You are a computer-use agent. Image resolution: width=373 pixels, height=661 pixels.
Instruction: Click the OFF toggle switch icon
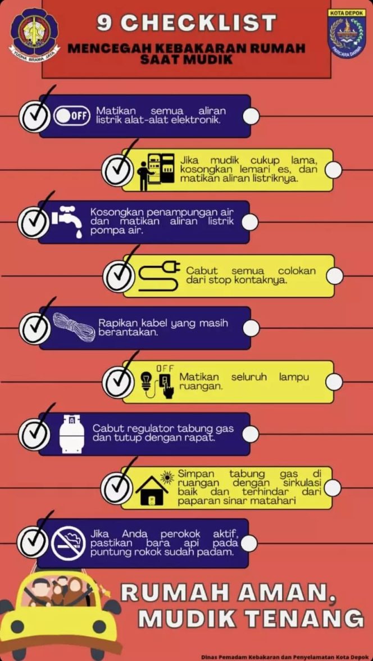coord(72,116)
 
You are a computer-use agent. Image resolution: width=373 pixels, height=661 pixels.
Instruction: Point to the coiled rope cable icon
coord(74,326)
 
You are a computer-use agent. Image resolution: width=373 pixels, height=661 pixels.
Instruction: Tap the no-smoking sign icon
coord(69,544)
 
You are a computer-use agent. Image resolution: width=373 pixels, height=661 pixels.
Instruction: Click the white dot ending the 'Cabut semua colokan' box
coord(335,275)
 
